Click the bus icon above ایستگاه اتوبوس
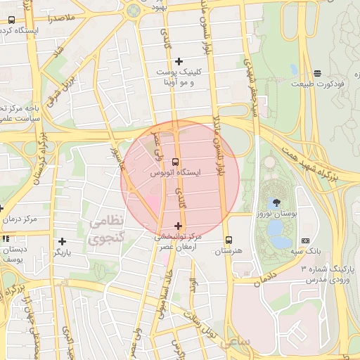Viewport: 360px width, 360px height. tap(175, 161)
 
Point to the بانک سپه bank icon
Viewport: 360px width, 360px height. tap(304, 240)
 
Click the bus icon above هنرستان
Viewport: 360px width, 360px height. tap(228, 240)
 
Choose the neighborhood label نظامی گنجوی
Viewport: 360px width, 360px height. tap(107, 229)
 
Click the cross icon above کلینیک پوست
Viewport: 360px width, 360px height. tap(179, 61)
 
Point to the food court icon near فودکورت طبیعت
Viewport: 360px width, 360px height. tap(318, 72)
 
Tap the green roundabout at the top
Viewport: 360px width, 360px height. tap(132, 11)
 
